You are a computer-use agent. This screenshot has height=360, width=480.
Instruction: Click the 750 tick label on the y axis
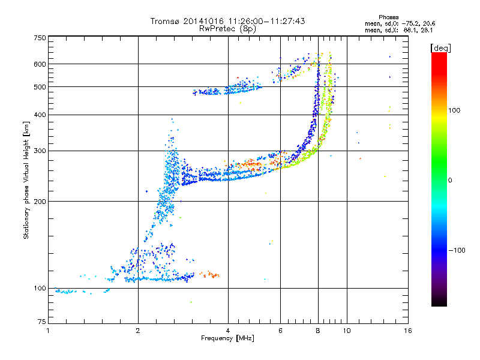(40, 38)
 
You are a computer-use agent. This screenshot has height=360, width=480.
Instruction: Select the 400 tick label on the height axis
(40, 115)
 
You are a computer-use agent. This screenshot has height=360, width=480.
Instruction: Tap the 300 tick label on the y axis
(40, 151)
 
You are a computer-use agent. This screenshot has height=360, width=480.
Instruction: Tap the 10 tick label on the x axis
(346, 331)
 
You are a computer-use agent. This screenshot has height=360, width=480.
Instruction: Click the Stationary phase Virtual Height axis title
(26, 181)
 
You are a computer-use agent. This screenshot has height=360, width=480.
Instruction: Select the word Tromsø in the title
(165, 22)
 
